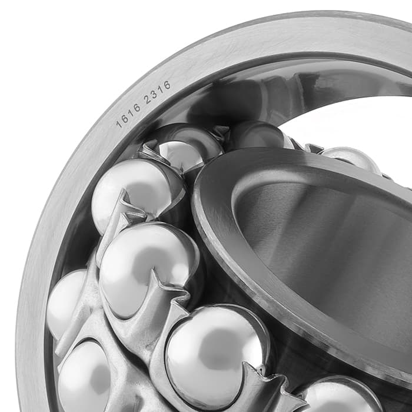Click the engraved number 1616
point(128,115)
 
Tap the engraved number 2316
point(157,92)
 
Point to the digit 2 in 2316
point(147,100)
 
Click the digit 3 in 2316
point(154,95)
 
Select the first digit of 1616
point(119,124)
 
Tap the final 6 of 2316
point(167,85)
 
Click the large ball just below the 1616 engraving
point(137,194)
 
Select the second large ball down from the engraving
point(148,271)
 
